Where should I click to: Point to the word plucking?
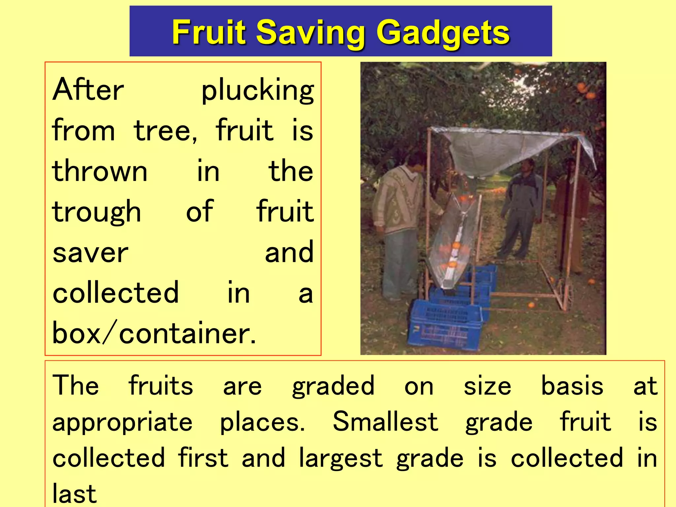(257, 90)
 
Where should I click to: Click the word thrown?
(100, 171)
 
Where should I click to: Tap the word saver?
(90, 253)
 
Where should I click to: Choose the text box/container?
(154, 333)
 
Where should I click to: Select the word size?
(487, 386)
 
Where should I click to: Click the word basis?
(572, 386)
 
